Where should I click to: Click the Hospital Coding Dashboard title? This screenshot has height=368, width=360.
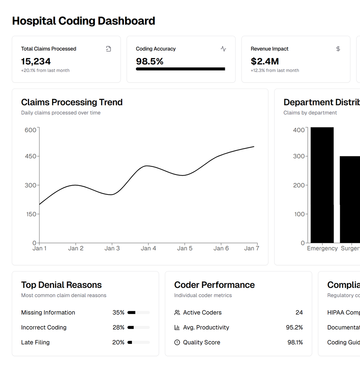pyautogui.click(x=83, y=21)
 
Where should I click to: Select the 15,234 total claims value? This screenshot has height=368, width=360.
pyautogui.click(x=36, y=61)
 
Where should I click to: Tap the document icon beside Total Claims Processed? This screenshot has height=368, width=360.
pyautogui.click(x=109, y=49)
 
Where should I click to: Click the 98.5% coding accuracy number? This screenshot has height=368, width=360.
pyautogui.click(x=149, y=61)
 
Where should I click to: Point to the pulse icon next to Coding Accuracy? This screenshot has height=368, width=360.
pyautogui.click(x=223, y=49)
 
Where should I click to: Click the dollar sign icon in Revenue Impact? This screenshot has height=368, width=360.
pyautogui.click(x=338, y=49)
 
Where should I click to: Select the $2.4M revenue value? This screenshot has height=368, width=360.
pyautogui.click(x=265, y=61)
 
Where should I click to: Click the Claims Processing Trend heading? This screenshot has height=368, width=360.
pyautogui.click(x=72, y=102)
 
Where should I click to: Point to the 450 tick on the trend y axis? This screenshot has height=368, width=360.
pyautogui.click(x=31, y=156)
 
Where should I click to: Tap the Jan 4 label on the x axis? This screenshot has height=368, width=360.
pyautogui.click(x=148, y=248)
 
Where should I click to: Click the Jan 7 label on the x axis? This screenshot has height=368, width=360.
pyautogui.click(x=251, y=248)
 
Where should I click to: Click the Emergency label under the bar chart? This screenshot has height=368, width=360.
pyautogui.click(x=322, y=248)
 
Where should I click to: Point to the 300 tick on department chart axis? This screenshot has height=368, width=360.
pyautogui.click(x=299, y=156)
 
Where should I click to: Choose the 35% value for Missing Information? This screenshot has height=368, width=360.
pyautogui.click(x=118, y=313)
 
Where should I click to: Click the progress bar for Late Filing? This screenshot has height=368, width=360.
pyautogui.click(x=138, y=342)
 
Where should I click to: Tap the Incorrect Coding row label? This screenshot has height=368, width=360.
pyautogui.click(x=44, y=327)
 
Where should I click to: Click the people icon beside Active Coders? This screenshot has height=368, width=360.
pyautogui.click(x=177, y=313)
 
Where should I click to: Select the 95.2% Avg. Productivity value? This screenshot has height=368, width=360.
pyautogui.click(x=294, y=327)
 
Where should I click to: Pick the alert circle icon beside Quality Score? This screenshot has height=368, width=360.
pyautogui.click(x=177, y=342)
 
